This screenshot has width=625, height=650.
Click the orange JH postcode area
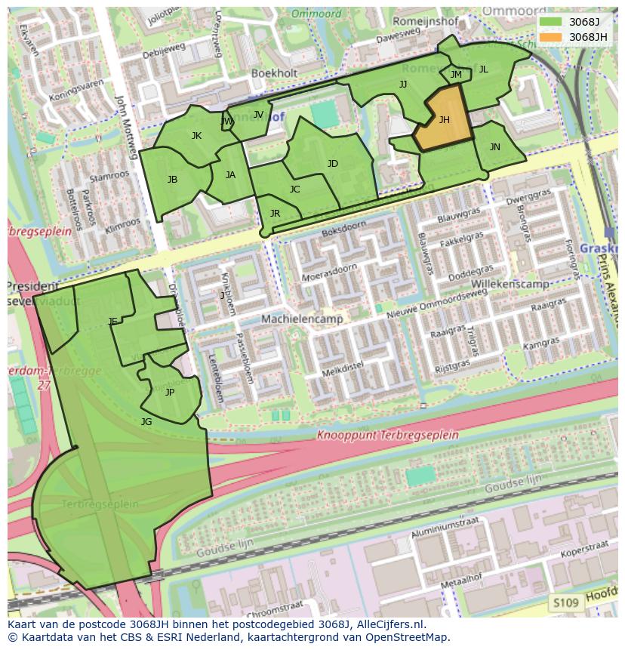click(x=444, y=119)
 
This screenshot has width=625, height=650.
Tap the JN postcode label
click(x=494, y=147)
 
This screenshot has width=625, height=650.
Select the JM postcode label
click(x=456, y=74)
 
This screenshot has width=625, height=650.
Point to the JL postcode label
click(x=483, y=69)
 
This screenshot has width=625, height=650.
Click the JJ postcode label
click(x=403, y=84)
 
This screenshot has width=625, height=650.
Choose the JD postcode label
click(x=333, y=163)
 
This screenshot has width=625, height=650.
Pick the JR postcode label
click(x=275, y=214)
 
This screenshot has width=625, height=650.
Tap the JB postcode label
click(x=173, y=179)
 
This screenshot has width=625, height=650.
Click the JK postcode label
click(x=196, y=136)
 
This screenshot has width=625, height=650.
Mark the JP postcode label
click(x=170, y=392)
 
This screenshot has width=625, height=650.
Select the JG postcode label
click(x=146, y=421)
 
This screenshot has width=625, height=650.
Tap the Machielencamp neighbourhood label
click(x=302, y=319)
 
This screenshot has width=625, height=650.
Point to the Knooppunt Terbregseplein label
click(x=387, y=435)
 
